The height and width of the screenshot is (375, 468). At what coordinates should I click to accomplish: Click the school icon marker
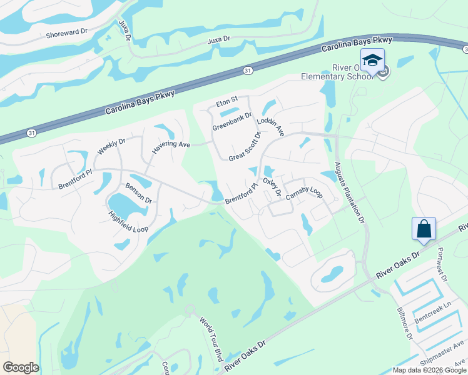[x=372, y=61]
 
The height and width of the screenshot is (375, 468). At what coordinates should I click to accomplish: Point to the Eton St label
[x=227, y=100]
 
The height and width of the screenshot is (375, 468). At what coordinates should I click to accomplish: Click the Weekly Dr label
[x=111, y=143]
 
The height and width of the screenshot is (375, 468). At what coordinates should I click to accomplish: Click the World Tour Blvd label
[x=211, y=339]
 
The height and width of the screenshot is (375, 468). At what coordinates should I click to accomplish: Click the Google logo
[x=21, y=367]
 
